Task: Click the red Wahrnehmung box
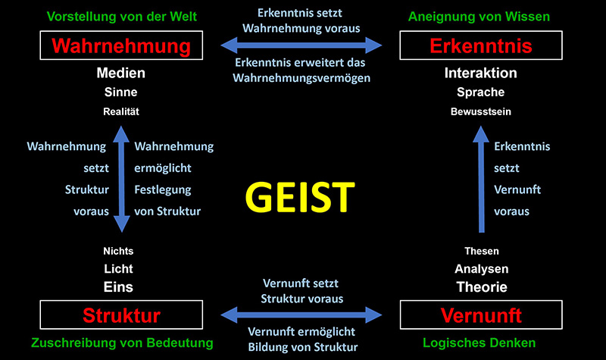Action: pyautogui.click(x=121, y=46)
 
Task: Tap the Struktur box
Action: pyautogui.click(x=121, y=315)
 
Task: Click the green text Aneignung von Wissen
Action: pyautogui.click(x=479, y=16)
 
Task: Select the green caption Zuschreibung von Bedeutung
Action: pyautogui.click(x=121, y=343)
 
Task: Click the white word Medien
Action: pyautogui.click(x=121, y=74)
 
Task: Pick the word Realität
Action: pyautogui.click(x=121, y=111)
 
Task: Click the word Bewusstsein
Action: pyautogui.click(x=480, y=111)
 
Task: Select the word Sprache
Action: pyautogui.click(x=480, y=92)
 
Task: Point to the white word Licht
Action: pyautogui.click(x=118, y=268)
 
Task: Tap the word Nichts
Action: pyautogui.click(x=118, y=251)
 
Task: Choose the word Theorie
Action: pyautogui.click(x=481, y=287)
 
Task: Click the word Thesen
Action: pyautogui.click(x=481, y=251)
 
